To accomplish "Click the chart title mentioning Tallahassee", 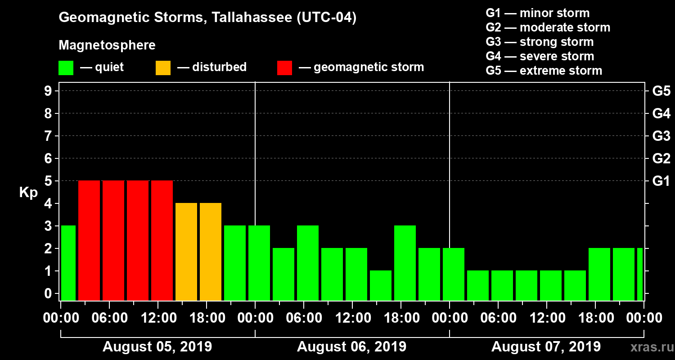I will coord(207,18).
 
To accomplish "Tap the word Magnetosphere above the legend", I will coord(107,45).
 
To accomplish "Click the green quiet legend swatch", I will coord(66,68).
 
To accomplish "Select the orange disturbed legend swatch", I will coord(163,68).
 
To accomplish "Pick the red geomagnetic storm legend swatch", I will coord(284,68).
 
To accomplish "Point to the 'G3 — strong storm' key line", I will coord(540,42).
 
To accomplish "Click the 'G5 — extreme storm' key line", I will coord(544,71).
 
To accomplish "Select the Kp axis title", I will coord(28,193).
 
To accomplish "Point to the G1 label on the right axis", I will coord(661,181).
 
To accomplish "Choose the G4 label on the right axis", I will coord(661,113).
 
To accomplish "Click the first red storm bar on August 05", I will coord(89,240).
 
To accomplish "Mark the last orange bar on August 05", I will coord(211,252).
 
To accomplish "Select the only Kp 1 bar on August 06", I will coord(381,285).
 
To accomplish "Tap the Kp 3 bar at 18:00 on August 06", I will coord(405,263).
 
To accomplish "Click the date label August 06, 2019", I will coord(351,347).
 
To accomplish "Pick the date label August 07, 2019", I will coord(546,347).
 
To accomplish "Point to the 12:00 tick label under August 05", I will coord(158,318).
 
